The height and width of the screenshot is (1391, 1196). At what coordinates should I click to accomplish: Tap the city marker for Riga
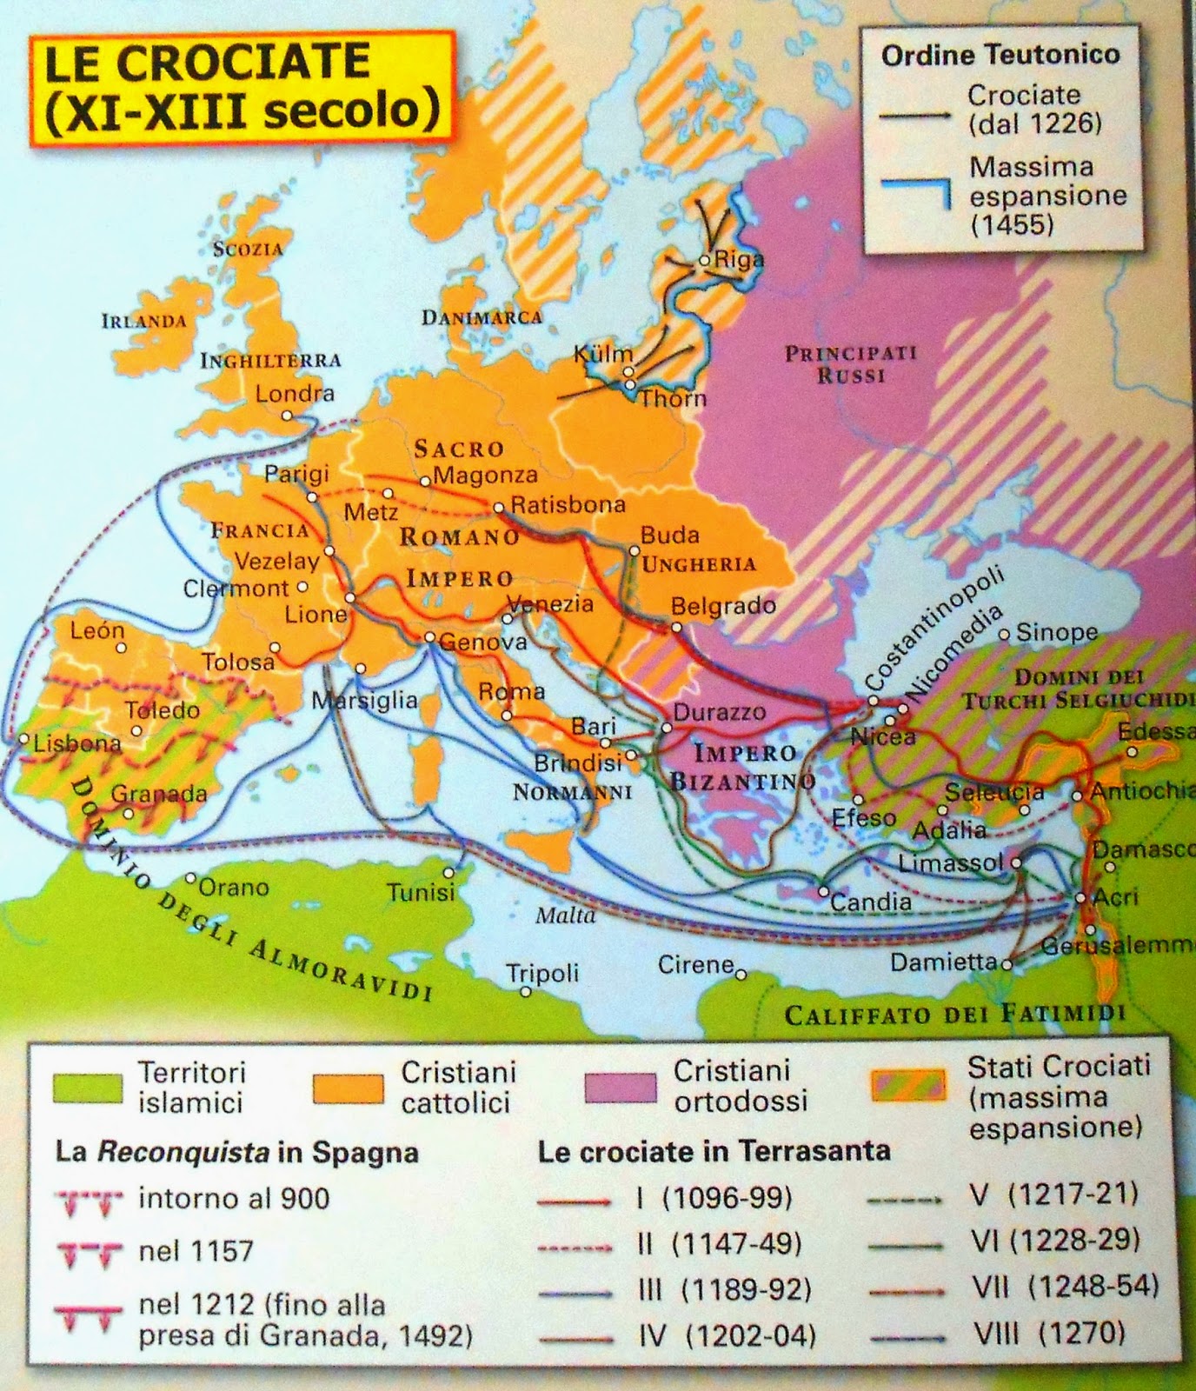pos(704,260)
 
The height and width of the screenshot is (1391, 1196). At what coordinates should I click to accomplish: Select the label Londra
pos(294,393)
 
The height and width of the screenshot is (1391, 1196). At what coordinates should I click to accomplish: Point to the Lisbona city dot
pos(23,740)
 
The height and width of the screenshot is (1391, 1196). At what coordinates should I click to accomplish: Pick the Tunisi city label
pos(421,892)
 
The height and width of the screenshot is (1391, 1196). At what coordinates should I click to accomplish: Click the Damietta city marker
pos(1007,963)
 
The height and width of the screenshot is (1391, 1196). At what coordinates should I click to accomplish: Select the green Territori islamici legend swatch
pos(86,1088)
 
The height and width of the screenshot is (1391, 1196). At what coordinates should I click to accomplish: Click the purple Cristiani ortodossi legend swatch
pos(620,1088)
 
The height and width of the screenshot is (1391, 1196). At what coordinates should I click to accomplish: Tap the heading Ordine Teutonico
pos(1000,55)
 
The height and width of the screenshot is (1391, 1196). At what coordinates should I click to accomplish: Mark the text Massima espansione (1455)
pos(1047,195)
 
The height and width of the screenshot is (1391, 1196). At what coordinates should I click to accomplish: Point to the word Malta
pos(565,915)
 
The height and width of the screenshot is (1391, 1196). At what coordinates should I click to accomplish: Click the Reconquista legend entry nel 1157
pos(196,1251)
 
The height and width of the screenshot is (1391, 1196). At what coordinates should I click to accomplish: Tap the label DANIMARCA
pos(482,317)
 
